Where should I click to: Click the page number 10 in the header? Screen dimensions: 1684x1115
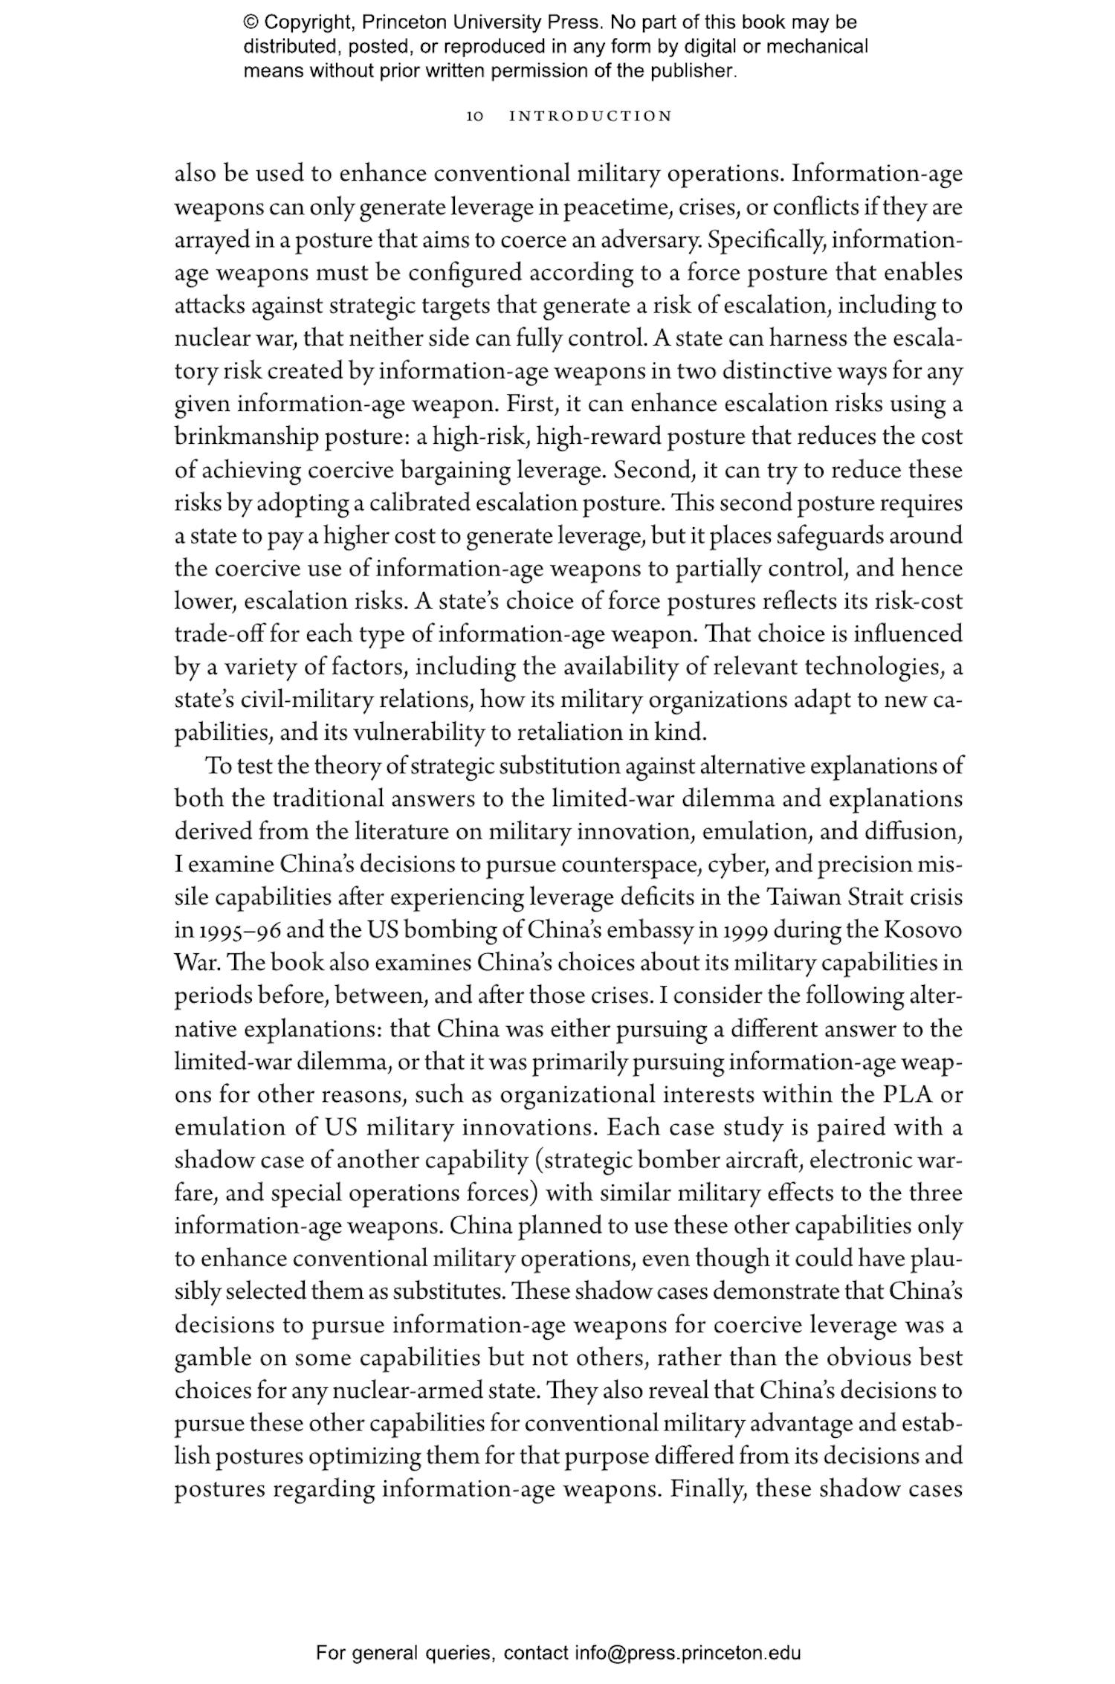pyautogui.click(x=475, y=116)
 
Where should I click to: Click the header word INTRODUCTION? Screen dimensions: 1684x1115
pyautogui.click(x=590, y=116)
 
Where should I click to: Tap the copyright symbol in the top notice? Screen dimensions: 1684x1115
pyautogui.click(x=251, y=22)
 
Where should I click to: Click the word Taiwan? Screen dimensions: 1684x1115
pyautogui.click(x=803, y=897)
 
